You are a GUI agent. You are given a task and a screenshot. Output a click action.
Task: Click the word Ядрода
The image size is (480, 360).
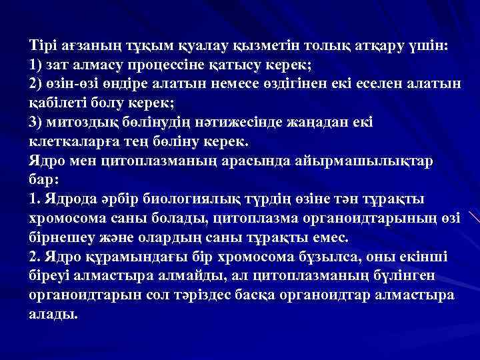coord(71,200)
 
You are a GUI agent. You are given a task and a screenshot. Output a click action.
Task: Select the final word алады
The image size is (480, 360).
coord(54,314)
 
